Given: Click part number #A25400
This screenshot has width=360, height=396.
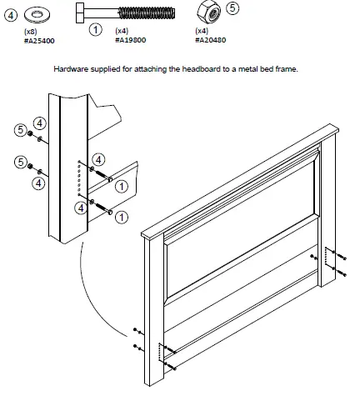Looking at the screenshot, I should (37, 39).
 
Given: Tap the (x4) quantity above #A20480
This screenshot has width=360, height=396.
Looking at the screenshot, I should (202, 31).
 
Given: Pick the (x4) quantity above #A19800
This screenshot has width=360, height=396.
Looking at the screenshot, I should (121, 31).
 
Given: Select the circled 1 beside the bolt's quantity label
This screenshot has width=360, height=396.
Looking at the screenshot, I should (96, 30).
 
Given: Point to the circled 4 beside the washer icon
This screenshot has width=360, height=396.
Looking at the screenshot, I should (9, 13).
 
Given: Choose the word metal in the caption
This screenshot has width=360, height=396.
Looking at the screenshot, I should (252, 69).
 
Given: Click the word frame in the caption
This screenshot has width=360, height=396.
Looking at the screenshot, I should (289, 69).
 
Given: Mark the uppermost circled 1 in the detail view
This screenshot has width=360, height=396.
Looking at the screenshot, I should (121, 188).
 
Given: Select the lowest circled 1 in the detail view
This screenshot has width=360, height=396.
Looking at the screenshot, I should (121, 218).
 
